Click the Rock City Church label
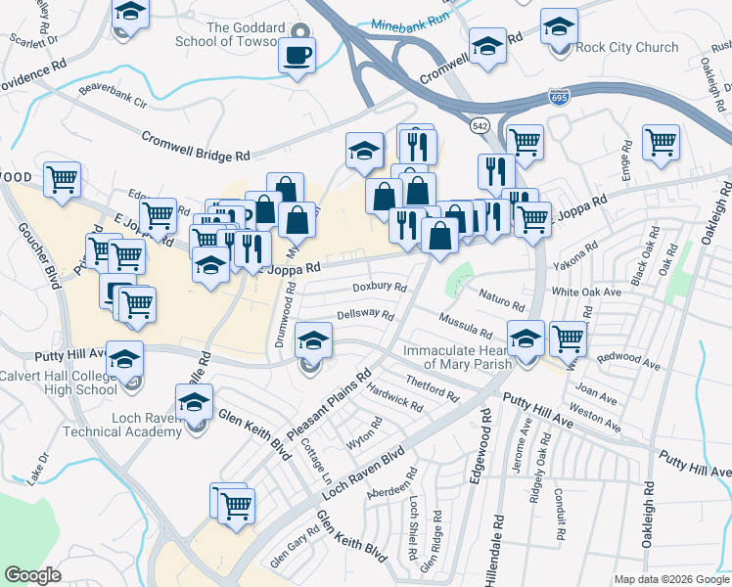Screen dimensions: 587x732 coord(627,47)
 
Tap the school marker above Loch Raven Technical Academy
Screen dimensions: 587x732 coord(194,402)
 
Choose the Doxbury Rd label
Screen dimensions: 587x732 coord(379,287)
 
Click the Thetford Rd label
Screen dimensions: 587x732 coord(431,387)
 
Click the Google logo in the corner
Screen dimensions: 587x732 coord(32,575)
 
